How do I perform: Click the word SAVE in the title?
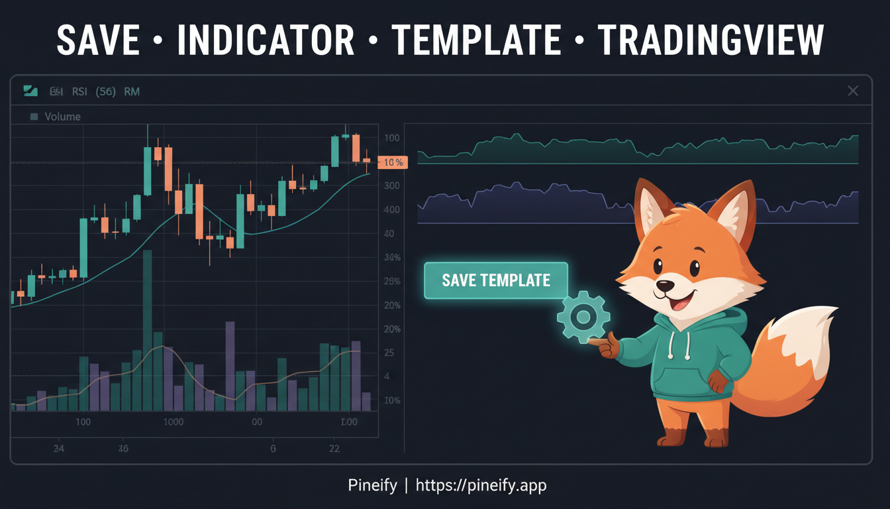(x=97, y=40)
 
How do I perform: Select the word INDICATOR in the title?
(x=266, y=40)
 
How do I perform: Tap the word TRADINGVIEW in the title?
(x=711, y=40)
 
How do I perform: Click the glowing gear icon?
(x=583, y=317)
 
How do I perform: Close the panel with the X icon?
(x=853, y=91)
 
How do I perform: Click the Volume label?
(x=62, y=117)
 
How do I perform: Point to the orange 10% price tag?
(x=392, y=162)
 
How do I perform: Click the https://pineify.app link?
(x=481, y=486)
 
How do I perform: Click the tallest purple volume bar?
(x=230, y=366)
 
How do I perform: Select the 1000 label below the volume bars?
(x=173, y=422)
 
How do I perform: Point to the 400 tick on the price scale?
(x=391, y=210)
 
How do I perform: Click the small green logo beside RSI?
(x=30, y=91)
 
